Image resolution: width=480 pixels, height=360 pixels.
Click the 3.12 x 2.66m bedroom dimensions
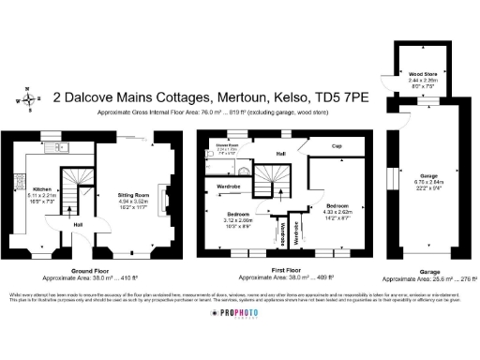point(239,220)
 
